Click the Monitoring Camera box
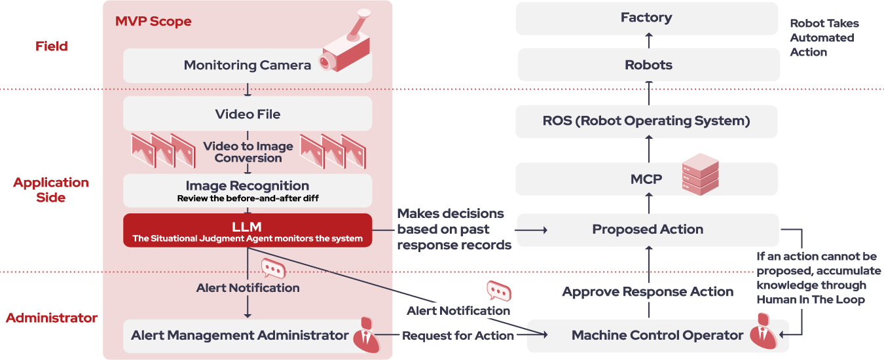pos(248,65)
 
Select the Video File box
pos(248,114)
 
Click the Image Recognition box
pos(248,190)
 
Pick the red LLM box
pos(248,230)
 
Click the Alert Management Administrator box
pos(240,336)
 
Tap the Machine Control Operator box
pos(657,336)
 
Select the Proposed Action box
pos(647,230)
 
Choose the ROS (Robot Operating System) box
pos(646,121)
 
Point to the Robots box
pos(648,65)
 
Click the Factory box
pos(646,18)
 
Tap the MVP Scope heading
pos(153,21)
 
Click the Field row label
pos(52,46)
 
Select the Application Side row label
pos(51,190)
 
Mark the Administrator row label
pos(52,318)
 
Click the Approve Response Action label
pos(648,292)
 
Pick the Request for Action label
pos(458,336)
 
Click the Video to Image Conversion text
pos(248,152)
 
